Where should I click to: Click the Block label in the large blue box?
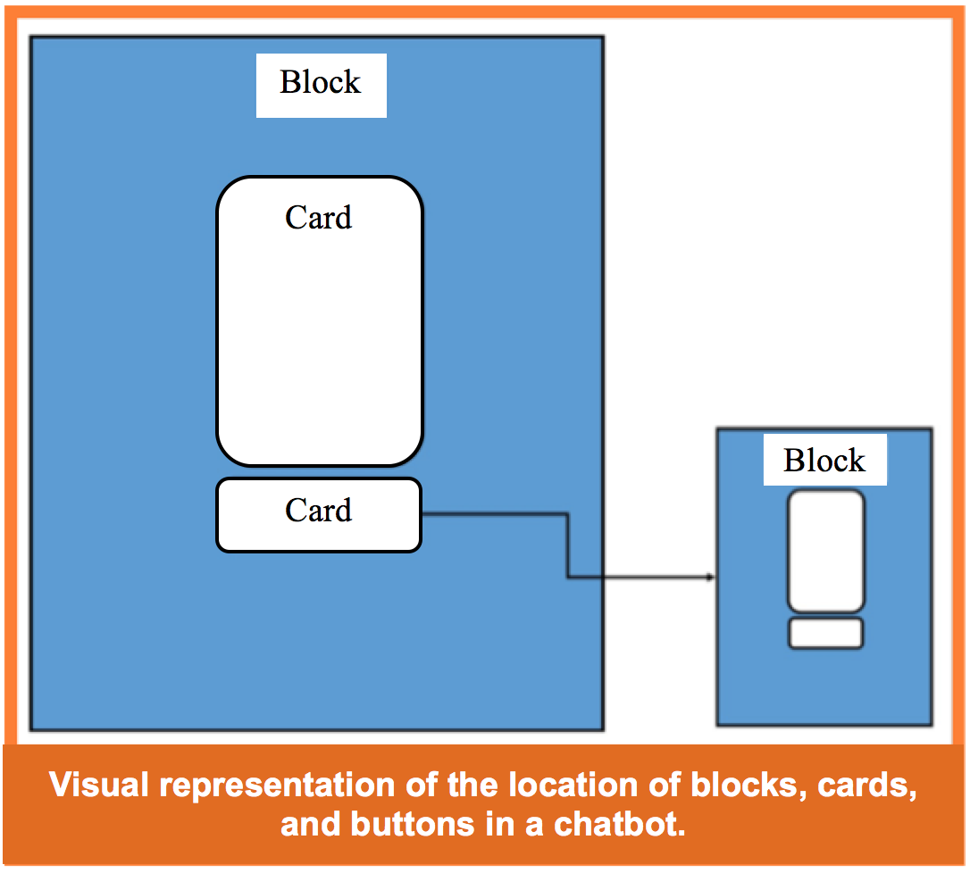tap(321, 84)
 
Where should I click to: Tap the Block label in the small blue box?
tap(824, 461)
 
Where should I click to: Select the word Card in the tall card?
tap(319, 218)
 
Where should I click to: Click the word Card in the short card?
tap(319, 511)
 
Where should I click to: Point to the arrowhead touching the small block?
tap(711, 578)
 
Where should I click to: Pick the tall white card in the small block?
tap(825, 551)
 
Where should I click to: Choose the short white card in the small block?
tap(825, 633)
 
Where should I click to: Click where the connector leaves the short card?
tap(424, 513)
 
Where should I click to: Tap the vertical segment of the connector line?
tap(567, 546)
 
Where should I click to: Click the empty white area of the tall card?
tap(319, 348)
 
